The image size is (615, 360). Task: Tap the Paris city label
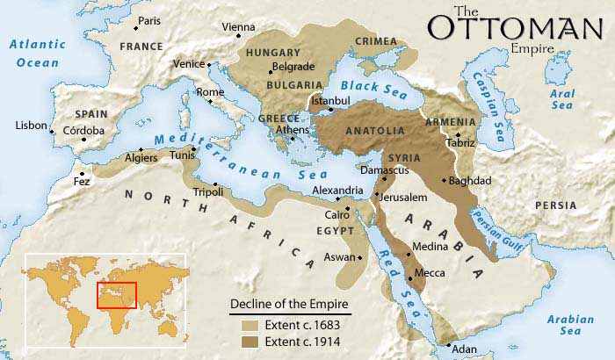click(x=149, y=20)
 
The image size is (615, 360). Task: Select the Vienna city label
click(x=239, y=27)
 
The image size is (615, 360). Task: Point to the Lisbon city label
click(x=31, y=126)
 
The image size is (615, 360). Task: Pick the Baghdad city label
click(x=469, y=181)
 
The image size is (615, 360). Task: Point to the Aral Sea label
click(x=562, y=98)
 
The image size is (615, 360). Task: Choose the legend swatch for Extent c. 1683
click(x=250, y=325)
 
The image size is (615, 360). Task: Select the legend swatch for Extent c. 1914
click(x=250, y=340)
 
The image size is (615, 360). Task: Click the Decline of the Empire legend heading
click(x=290, y=305)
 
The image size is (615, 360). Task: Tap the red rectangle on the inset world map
click(x=116, y=295)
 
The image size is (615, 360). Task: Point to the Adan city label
click(x=464, y=349)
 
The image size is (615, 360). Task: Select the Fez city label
click(x=82, y=182)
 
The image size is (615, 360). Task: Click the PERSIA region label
click(x=556, y=205)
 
